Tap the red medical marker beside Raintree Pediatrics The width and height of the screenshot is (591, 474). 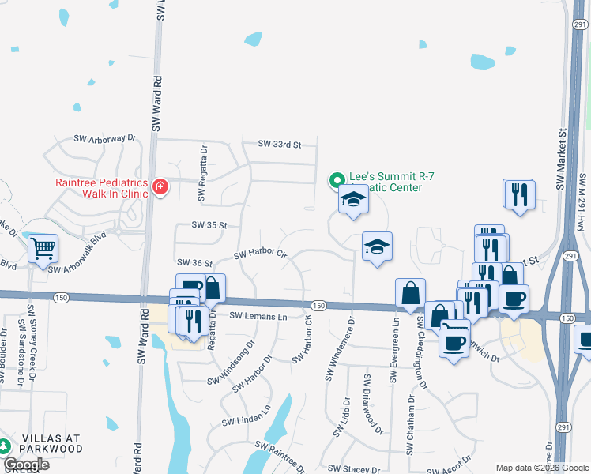click(160, 186)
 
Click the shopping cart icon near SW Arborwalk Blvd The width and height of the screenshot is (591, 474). click(43, 248)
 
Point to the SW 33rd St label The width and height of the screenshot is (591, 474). click(280, 145)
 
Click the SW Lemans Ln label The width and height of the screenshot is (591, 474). click(258, 316)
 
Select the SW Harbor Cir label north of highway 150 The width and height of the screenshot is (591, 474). click(259, 254)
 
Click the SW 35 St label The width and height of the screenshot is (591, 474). click(209, 225)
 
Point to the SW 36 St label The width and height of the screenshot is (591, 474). click(196, 263)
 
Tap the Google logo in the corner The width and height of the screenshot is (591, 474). click(26, 464)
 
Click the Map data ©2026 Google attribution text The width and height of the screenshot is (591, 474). click(542, 468)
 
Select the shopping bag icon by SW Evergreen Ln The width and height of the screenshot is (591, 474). click(411, 293)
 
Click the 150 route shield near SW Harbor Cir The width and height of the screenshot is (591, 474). click(318, 306)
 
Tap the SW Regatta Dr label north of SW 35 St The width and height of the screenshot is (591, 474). click(204, 160)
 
